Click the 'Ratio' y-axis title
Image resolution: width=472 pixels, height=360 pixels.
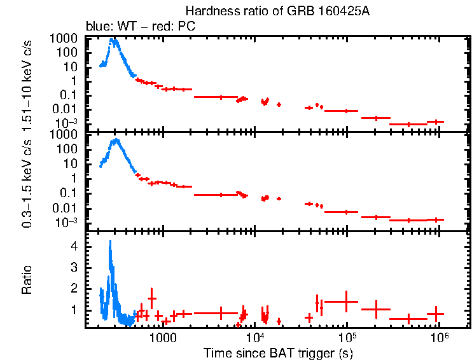coord(27,280)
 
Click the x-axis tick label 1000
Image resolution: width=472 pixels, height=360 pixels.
coord(163,336)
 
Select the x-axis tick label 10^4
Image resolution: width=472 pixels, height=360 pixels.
coord(254,336)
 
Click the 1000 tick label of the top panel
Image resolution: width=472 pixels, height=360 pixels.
coord(66,39)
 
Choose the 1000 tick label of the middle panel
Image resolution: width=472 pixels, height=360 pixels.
coord(66,135)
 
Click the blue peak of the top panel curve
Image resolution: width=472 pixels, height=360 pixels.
coord(113,40)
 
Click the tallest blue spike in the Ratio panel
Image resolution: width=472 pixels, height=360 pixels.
coord(111,241)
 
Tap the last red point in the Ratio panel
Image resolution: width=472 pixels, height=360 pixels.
coord(435,314)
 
